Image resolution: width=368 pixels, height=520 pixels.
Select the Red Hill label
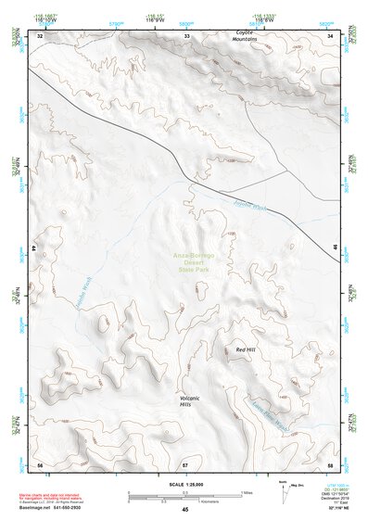coord(245,349)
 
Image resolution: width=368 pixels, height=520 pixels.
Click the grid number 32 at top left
coord(40,35)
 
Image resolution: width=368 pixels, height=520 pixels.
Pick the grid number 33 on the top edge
coord(185,35)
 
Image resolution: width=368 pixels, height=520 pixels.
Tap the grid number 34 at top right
coord(331,35)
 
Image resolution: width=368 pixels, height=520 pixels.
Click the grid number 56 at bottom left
coord(40,463)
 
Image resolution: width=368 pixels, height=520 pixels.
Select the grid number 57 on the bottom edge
coord(185,463)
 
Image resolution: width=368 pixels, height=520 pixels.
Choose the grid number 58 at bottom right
coord(331,463)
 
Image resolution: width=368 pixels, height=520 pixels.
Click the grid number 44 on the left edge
coord(37,248)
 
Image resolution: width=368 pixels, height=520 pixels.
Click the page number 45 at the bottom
coord(185,509)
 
